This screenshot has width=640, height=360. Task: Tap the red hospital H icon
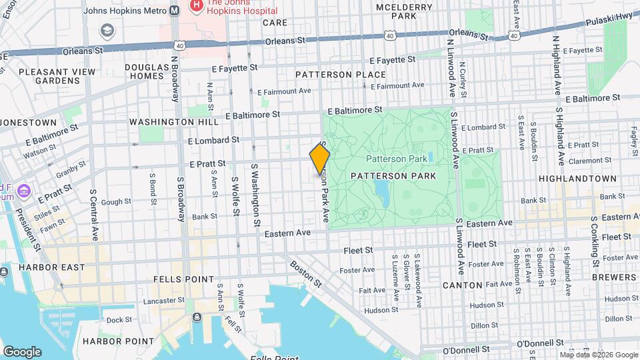coord(196,7)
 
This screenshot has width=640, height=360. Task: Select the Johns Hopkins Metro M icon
coord(174,11)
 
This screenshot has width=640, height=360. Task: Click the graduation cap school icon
coord(107,31)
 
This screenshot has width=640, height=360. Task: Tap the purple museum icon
coord(25,191)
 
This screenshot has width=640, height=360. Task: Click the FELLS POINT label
coord(175,278)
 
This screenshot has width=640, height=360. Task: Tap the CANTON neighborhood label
coord(462,285)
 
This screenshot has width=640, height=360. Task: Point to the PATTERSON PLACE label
coord(340,75)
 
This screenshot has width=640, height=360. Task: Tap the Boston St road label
coord(305,273)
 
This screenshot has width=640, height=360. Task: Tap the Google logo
coord(22,351)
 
